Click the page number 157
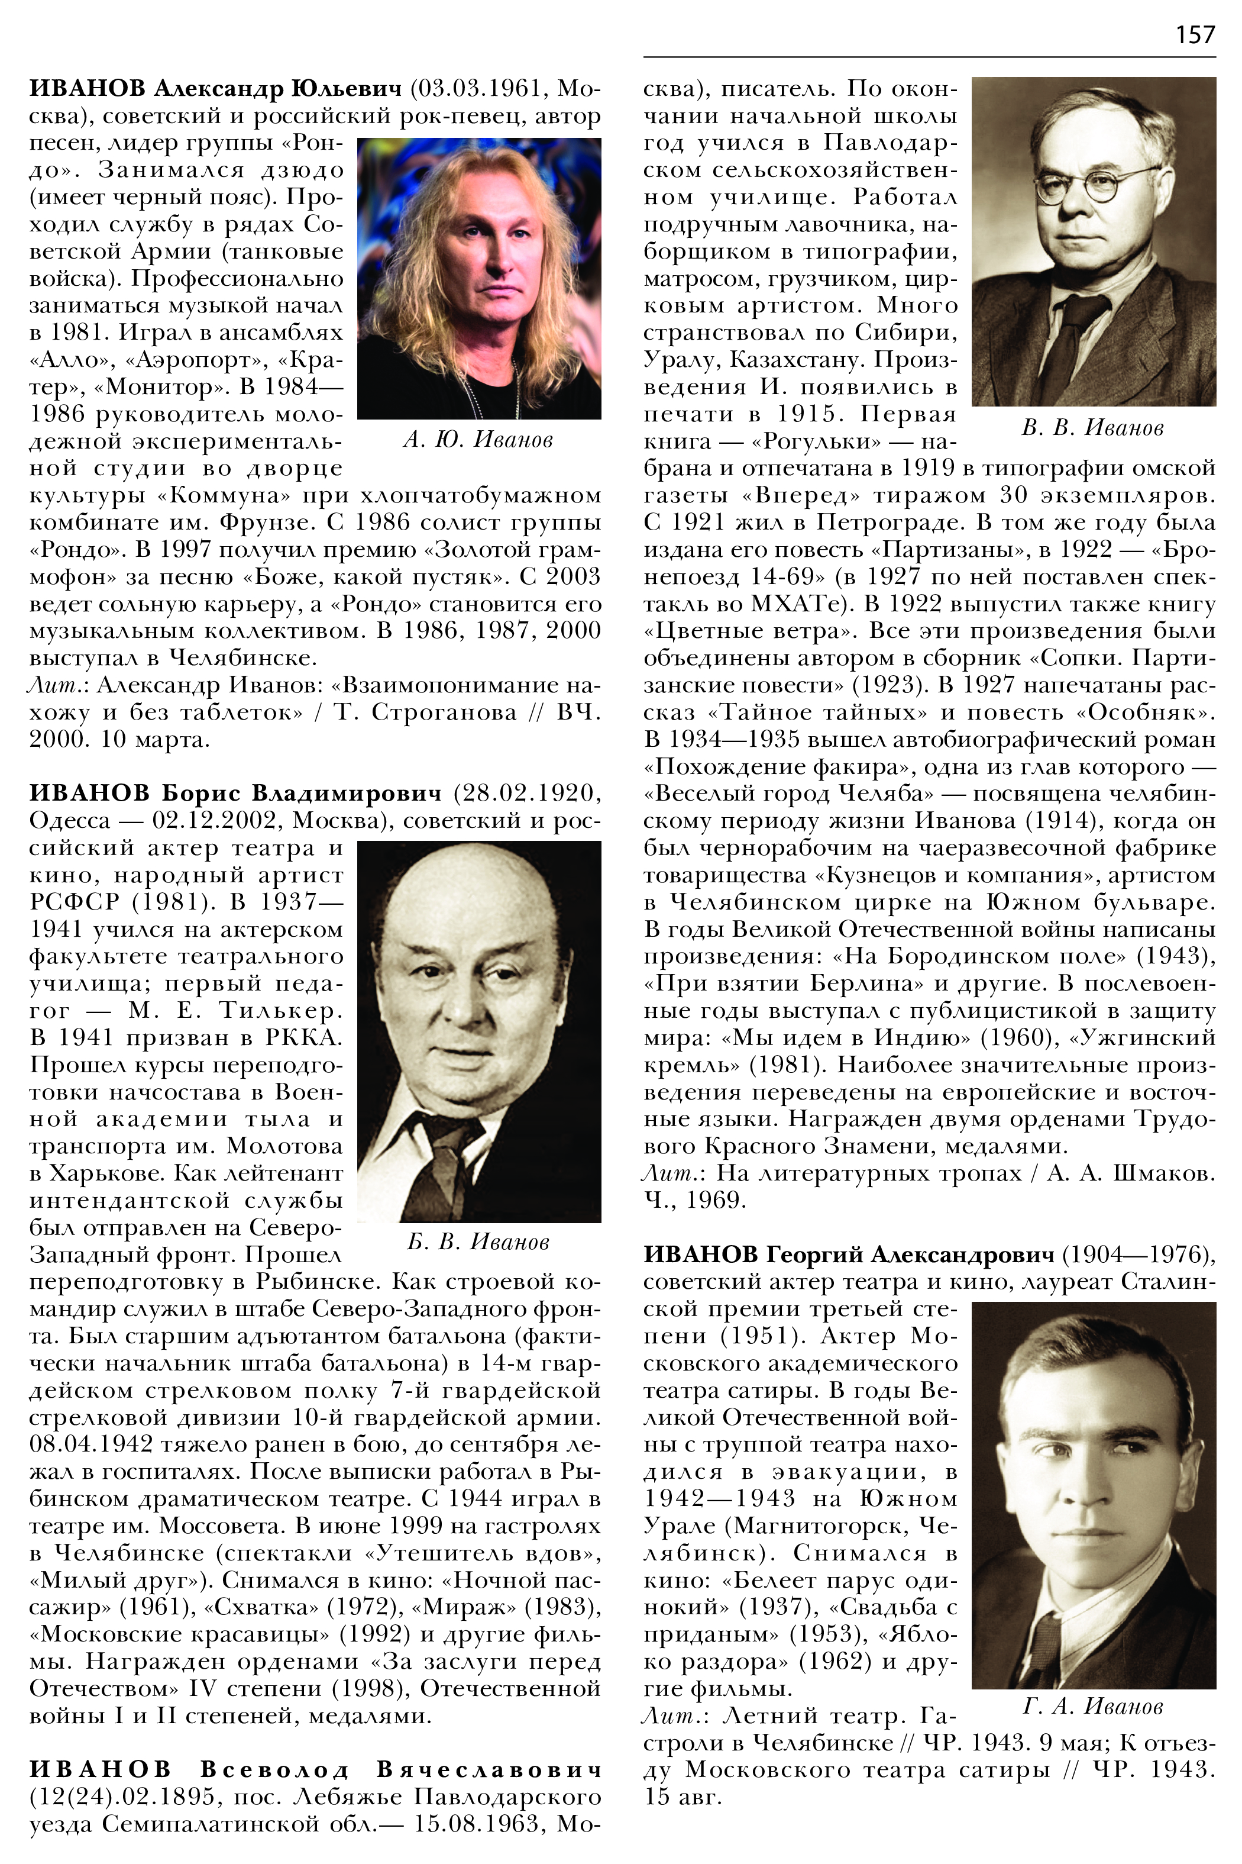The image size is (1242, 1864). (x=1195, y=34)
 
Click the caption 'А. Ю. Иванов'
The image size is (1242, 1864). (x=478, y=439)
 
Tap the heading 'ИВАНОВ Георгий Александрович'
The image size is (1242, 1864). (x=848, y=1254)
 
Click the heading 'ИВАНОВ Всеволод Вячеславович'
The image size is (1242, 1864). (x=315, y=1769)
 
